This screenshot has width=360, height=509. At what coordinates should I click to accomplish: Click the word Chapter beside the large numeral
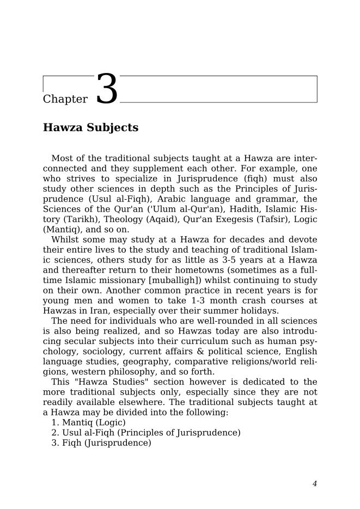pyautogui.click(x=65, y=99)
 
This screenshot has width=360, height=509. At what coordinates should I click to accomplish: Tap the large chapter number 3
pyautogui.click(x=107, y=89)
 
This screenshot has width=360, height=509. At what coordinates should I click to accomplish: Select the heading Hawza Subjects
pyautogui.click(x=90, y=128)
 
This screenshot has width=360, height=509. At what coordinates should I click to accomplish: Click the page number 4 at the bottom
pyautogui.click(x=314, y=483)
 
